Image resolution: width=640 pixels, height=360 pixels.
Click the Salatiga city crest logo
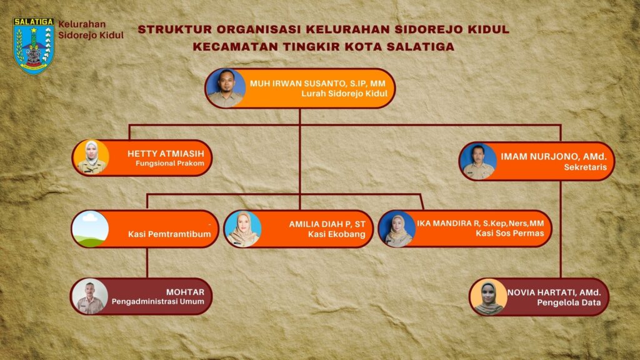click(x=34, y=46)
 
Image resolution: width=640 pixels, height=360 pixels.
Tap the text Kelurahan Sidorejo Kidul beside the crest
click(x=91, y=30)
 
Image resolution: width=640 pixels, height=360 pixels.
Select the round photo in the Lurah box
click(x=226, y=88)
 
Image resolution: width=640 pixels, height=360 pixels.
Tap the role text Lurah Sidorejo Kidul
click(x=344, y=94)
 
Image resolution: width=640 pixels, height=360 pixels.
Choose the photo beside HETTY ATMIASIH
click(x=91, y=158)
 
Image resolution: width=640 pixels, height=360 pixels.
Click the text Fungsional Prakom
click(x=170, y=163)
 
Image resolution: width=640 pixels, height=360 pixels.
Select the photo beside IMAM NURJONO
click(x=478, y=161)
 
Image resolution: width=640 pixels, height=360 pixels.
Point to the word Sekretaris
click(x=585, y=167)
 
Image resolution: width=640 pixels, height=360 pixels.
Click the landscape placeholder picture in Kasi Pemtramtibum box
click(x=90, y=229)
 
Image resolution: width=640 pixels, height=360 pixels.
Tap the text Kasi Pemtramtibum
click(x=169, y=234)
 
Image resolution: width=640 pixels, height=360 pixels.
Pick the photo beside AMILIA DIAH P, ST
click(x=243, y=229)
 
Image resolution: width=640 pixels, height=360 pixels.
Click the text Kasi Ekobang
click(x=337, y=234)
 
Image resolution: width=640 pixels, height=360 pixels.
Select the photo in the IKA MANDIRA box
click(x=397, y=229)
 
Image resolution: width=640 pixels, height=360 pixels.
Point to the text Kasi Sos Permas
click(x=510, y=233)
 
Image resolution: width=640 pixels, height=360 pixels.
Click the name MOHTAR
click(x=185, y=292)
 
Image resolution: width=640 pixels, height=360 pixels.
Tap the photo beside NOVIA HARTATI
click(x=489, y=297)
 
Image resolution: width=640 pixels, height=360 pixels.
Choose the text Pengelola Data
click(x=569, y=303)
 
